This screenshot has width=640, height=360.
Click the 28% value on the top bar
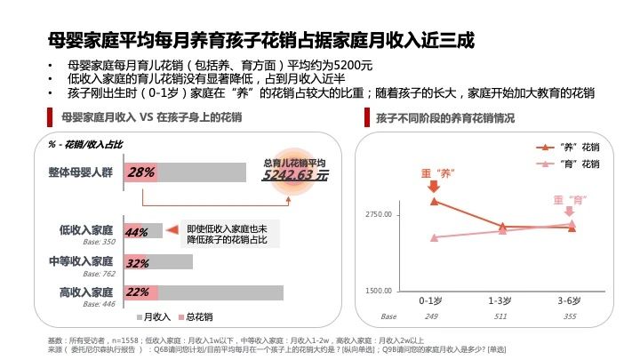point(141,172)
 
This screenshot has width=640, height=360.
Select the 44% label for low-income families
point(137,233)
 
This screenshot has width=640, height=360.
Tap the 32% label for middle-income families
point(137,263)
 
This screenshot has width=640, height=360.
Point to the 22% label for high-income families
point(137,292)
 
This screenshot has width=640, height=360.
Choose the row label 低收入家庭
point(86,230)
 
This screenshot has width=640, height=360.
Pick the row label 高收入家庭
point(86,292)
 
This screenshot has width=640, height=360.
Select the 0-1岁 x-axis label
point(433,300)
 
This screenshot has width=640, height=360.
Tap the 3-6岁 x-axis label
point(570,300)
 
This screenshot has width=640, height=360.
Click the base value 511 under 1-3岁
point(501,316)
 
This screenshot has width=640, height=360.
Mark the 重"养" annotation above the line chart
point(433,173)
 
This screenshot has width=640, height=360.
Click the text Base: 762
point(99,274)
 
